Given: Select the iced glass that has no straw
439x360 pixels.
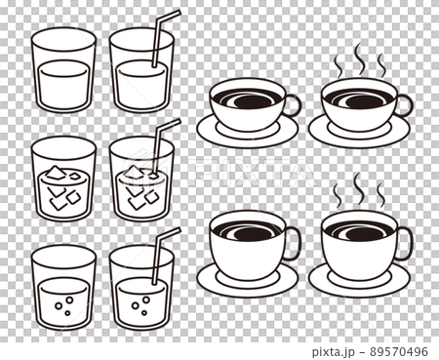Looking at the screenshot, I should click(x=64, y=180).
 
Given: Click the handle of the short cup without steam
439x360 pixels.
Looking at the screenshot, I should click(x=292, y=105).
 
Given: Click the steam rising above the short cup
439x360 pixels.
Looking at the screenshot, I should click(x=359, y=60).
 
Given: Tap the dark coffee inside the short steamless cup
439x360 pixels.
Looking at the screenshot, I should click(x=247, y=99).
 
